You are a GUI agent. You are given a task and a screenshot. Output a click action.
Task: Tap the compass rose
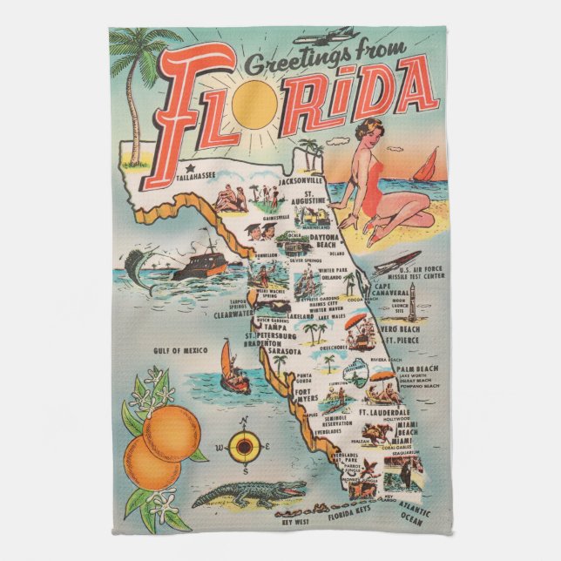coord(244,448)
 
